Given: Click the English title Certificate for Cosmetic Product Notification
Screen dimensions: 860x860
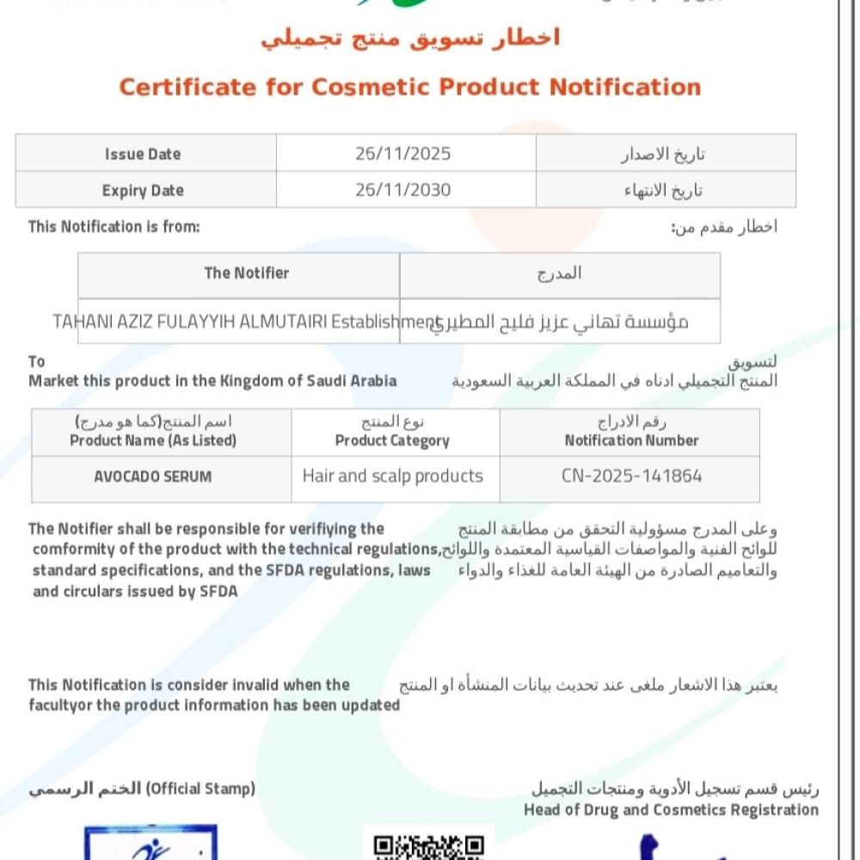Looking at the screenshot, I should click(409, 87).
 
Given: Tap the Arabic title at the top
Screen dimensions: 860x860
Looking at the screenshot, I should click(410, 38).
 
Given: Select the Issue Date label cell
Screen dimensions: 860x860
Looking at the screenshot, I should click(143, 154).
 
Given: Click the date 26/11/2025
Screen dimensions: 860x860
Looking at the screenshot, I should click(402, 154).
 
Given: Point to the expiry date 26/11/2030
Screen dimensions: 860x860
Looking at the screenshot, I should click(402, 190).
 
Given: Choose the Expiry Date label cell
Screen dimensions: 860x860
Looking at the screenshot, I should click(143, 190).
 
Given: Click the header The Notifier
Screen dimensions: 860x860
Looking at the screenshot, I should click(246, 273).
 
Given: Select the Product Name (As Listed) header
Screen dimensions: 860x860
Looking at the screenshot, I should click(153, 440).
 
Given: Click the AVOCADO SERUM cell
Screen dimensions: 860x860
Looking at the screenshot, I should click(153, 476).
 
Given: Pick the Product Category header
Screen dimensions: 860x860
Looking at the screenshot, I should click(392, 440).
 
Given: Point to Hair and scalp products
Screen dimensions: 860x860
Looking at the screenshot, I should click(392, 476).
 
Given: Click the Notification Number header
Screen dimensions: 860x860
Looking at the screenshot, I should click(631, 440).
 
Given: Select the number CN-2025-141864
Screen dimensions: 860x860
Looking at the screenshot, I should click(632, 476).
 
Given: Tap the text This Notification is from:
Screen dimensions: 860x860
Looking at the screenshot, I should click(114, 227).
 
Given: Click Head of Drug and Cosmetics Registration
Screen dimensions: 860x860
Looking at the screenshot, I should click(671, 810).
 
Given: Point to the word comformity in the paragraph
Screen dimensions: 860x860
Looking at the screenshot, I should click(71, 550).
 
